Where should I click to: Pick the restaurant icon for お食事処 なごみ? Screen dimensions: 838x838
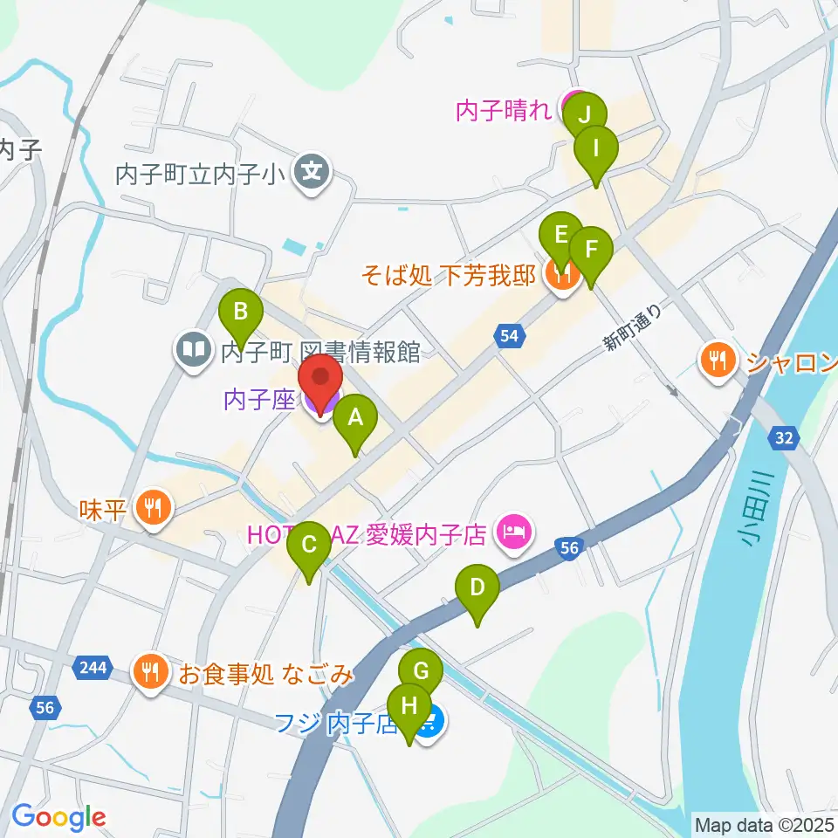pyautogui.click(x=150, y=672)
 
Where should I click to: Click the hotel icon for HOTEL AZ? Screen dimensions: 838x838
pyautogui.click(x=512, y=532)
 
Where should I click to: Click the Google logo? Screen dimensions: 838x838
pyautogui.click(x=58, y=817)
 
